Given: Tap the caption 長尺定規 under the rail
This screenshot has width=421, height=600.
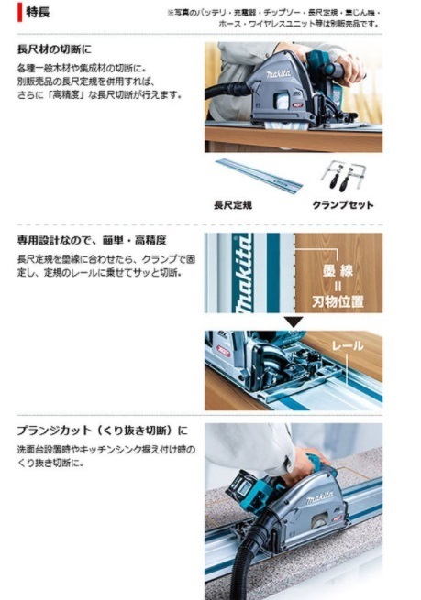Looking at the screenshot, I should tap(233, 205).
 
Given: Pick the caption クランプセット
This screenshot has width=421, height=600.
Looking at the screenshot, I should tap(343, 205).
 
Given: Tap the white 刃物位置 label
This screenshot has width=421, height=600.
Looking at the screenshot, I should tap(337, 300).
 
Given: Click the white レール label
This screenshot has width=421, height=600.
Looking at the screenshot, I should tap(348, 346).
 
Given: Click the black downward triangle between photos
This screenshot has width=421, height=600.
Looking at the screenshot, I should tap(293, 322).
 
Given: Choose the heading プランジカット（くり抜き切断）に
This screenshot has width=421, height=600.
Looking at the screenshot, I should tap(102, 430).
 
